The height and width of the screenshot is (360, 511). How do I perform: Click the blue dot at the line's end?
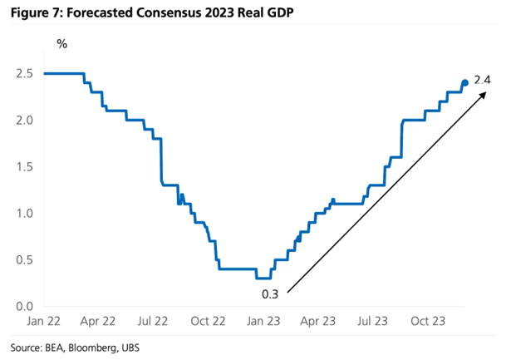pyautogui.click(x=464, y=82)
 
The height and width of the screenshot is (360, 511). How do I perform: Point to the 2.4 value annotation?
pyautogui.click(x=483, y=81)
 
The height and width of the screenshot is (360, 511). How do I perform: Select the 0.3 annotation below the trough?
pyautogui.click(x=273, y=292)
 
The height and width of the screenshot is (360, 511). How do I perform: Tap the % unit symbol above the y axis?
pyautogui.click(x=61, y=43)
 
